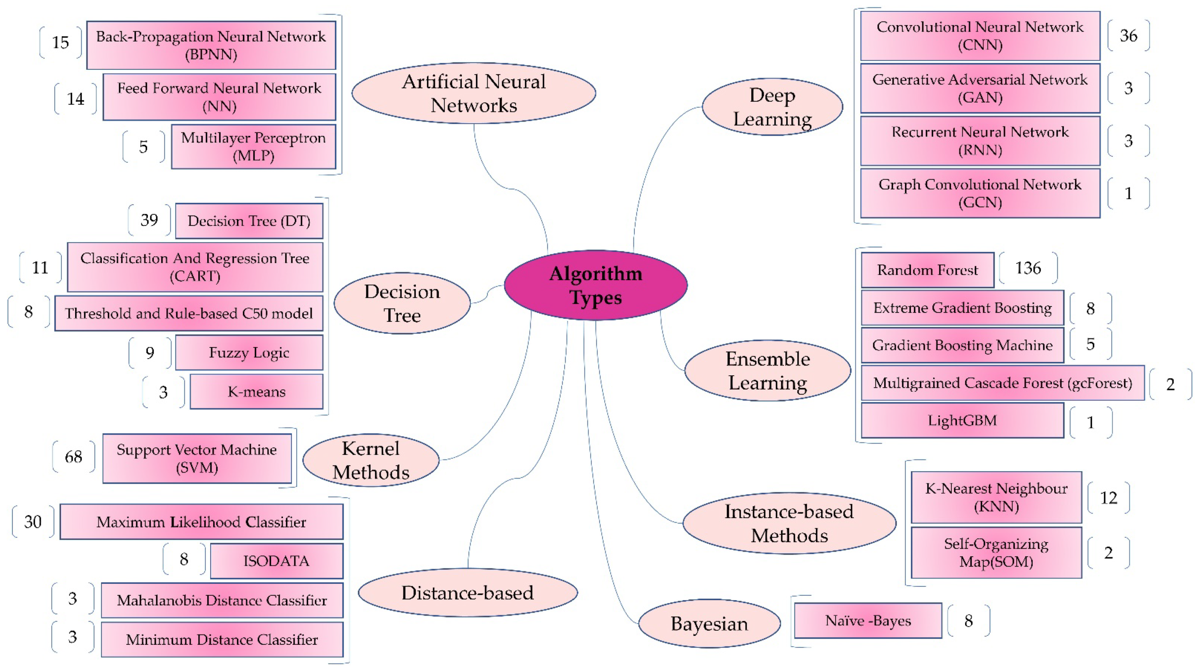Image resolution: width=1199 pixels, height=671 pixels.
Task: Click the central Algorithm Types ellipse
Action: pos(596,285)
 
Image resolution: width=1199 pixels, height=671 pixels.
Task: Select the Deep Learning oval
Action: pos(772,107)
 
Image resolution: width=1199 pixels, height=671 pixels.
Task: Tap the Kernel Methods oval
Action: pos(371,460)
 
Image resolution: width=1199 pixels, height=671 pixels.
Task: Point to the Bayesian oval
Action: pos(710,623)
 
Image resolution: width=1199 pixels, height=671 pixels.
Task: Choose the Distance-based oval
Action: pos(467,593)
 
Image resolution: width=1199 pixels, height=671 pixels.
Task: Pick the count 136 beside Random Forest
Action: pos(1028,268)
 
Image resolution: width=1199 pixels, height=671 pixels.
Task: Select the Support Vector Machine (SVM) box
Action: pos(197,458)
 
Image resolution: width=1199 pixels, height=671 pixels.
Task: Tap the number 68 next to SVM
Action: pos(74,457)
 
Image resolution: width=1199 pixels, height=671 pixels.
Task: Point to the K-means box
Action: pos(256,392)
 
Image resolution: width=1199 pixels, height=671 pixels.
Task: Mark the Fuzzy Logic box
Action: pos(249,352)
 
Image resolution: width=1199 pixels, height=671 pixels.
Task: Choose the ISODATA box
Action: pos(276,561)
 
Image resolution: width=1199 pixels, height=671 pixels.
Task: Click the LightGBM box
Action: pos(962,420)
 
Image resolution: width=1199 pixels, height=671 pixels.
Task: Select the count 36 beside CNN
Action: pos(1128,36)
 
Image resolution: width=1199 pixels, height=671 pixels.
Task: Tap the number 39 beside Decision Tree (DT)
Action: pos(149,220)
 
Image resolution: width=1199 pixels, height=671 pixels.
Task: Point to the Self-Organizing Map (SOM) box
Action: pos(996,553)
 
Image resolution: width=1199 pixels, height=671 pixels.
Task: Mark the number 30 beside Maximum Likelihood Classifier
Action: pos(33,522)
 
